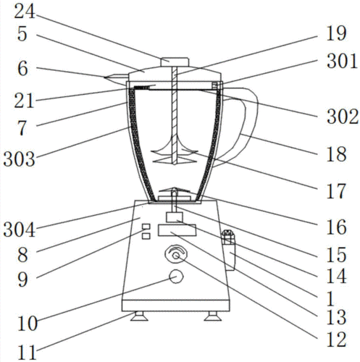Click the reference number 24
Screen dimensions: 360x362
tap(25, 12)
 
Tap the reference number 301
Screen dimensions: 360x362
tap(342, 62)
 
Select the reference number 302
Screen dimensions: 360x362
tap(343, 117)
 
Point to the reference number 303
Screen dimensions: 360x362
tap(20, 159)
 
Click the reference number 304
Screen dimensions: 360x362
tap(20, 230)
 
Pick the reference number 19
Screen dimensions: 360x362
tap(336, 33)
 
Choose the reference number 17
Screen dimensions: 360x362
tap(336, 191)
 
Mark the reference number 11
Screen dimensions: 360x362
tap(28, 353)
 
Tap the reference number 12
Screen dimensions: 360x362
tap(336, 340)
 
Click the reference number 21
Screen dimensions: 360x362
tap(24, 101)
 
